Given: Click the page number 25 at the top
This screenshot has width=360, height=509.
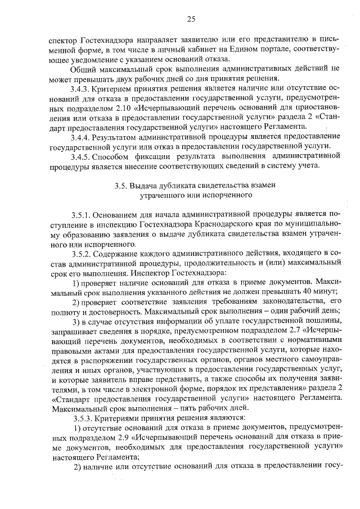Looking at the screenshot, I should tap(191, 19).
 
